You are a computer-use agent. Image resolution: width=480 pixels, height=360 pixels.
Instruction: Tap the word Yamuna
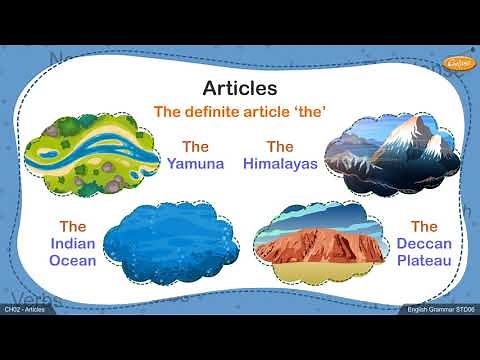[195, 163]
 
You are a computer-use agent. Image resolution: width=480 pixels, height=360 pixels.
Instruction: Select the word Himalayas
[280, 163]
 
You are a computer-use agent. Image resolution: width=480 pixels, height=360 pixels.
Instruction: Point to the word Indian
[72, 244]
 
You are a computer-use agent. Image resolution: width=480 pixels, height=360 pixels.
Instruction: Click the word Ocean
[72, 261]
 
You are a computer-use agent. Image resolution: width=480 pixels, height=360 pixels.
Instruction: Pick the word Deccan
[424, 244]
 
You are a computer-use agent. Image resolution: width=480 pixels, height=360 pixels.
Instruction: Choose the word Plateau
[424, 261]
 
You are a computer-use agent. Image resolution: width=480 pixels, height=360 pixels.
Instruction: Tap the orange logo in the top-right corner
[457, 63]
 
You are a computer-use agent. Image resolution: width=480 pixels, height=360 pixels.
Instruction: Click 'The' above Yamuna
[195, 146]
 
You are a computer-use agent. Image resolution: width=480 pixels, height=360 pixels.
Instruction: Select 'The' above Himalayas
[280, 146]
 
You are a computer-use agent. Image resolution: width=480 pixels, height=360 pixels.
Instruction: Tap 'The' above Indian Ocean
[72, 226]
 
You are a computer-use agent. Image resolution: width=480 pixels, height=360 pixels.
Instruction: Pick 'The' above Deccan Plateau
[424, 226]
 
